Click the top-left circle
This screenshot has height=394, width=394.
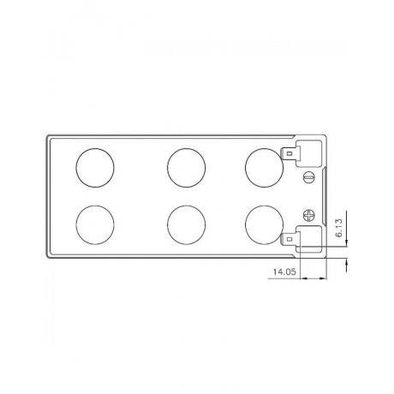point(94,166)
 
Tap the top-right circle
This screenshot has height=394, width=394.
point(264,166)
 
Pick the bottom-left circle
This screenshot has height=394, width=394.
point(94,225)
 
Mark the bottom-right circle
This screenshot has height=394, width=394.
point(264,225)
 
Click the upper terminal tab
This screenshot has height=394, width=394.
point(293,155)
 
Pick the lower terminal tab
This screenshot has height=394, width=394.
point(293,237)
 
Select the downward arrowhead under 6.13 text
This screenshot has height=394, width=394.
point(346,242)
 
